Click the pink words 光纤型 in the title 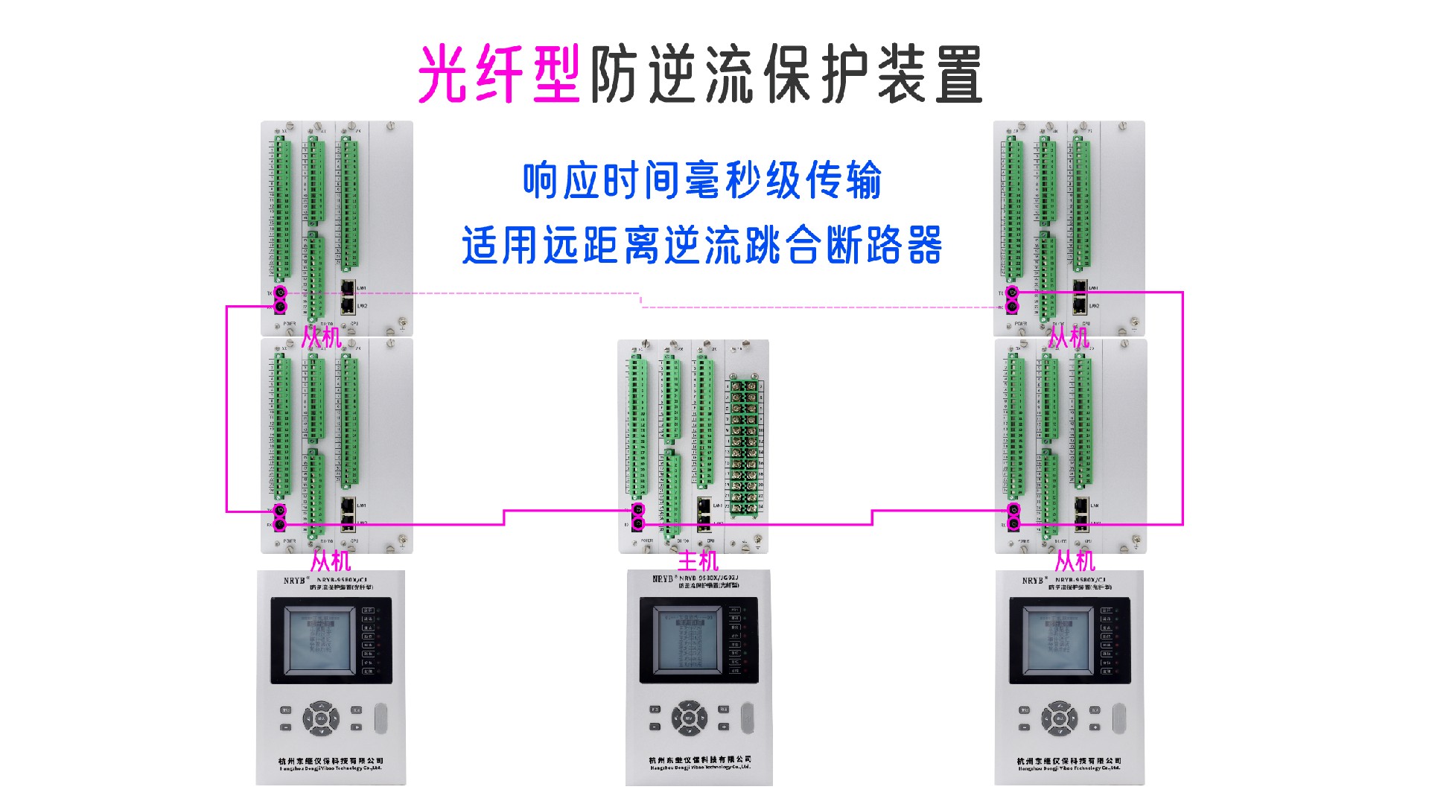499,74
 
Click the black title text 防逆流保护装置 786,74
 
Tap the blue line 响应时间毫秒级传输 701,181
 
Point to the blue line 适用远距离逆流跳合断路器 701,246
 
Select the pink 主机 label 698,561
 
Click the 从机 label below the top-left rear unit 322,337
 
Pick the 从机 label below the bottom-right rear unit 1075,561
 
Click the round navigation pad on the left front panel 321,718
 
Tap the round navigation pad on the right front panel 1059,719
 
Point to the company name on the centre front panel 700,760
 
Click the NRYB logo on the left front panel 294,581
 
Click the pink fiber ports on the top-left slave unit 280,299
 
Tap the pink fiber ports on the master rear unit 638,517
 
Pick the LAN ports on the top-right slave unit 1080,296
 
